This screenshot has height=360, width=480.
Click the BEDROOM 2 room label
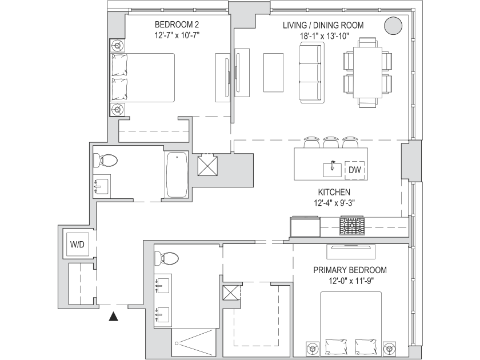[177, 25]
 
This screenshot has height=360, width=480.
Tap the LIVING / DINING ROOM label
[323, 26]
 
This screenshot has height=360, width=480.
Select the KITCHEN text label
[334, 193]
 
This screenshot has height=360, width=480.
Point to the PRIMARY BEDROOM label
[350, 270]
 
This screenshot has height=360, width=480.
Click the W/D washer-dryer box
[77, 245]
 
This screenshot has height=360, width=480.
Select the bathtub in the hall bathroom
[177, 174]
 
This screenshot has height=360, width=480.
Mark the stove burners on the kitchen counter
[353, 226]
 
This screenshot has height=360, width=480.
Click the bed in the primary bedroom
[350, 323]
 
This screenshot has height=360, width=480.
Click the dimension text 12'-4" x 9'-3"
[334, 202]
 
